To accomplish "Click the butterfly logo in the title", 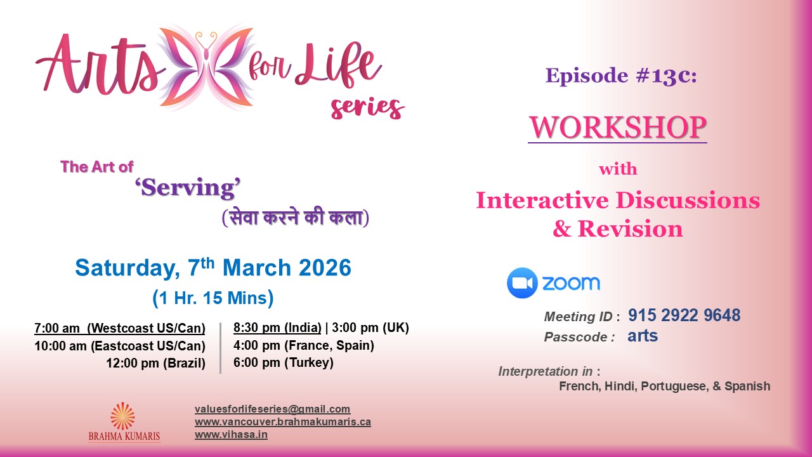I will tap(205, 67).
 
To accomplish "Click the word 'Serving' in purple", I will tap(189, 189).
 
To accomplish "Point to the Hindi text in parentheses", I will tap(296, 218).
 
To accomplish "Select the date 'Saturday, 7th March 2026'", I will tap(213, 268).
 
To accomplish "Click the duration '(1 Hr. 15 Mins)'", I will tap(213, 298).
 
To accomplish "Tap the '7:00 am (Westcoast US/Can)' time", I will tap(120, 328).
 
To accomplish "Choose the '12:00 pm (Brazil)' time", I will tap(155, 363).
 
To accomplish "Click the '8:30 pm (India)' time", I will tap(277, 328).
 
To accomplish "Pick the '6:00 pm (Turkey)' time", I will tap(284, 363).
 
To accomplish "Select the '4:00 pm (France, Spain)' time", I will tap(304, 346).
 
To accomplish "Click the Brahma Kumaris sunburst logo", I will tap(122, 416).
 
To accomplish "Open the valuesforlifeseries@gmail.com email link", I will tap(272, 409).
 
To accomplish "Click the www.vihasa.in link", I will tap(231, 435).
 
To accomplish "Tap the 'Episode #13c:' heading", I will tap(621, 76).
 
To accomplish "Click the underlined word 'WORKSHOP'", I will tap(617, 128).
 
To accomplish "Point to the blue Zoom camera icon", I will tap(522, 283).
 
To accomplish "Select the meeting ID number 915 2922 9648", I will tap(684, 315).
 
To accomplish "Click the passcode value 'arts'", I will tap(643, 336).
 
